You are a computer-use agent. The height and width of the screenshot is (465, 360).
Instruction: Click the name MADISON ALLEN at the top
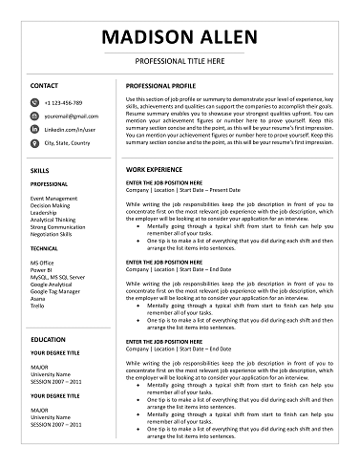[x=179, y=37]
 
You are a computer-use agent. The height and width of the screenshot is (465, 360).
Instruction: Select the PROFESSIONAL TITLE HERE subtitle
[x=179, y=61]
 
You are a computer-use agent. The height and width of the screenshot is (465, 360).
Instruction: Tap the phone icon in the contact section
[x=35, y=101]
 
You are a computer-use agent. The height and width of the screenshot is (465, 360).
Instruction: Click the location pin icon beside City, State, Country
[x=35, y=142]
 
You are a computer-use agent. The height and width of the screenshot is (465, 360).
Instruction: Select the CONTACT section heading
[x=45, y=86]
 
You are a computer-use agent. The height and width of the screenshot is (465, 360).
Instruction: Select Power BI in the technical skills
[x=44, y=267]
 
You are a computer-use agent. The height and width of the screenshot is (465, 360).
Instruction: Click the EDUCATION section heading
[x=48, y=339]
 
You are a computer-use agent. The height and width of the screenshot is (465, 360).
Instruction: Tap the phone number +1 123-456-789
[x=64, y=101]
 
